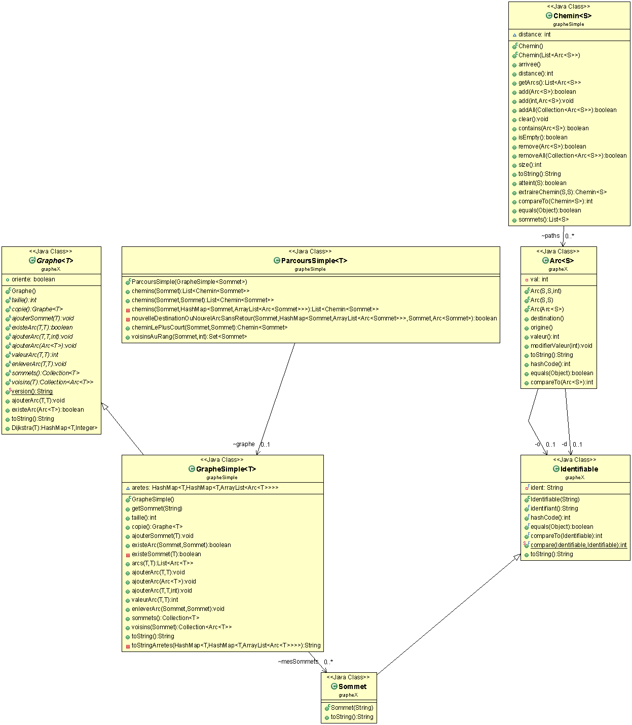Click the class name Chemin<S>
click(x=572, y=16)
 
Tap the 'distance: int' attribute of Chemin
click(x=534, y=34)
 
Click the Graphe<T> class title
click(x=55, y=261)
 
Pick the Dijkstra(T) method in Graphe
click(x=54, y=428)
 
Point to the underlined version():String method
click(x=32, y=391)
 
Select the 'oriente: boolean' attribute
click(x=33, y=279)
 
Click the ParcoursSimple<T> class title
click(x=314, y=261)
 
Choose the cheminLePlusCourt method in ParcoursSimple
click(x=209, y=328)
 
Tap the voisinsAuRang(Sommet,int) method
click(x=189, y=337)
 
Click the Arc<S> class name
click(x=562, y=261)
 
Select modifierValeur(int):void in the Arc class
click(x=561, y=346)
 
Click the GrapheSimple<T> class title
click(x=226, y=469)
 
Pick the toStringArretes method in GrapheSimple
click(x=226, y=645)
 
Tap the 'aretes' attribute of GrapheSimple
click(x=205, y=488)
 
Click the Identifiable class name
click(x=579, y=469)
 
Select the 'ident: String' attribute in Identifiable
click(x=546, y=488)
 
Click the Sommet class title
click(x=352, y=686)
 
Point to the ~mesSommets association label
click(x=298, y=662)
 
